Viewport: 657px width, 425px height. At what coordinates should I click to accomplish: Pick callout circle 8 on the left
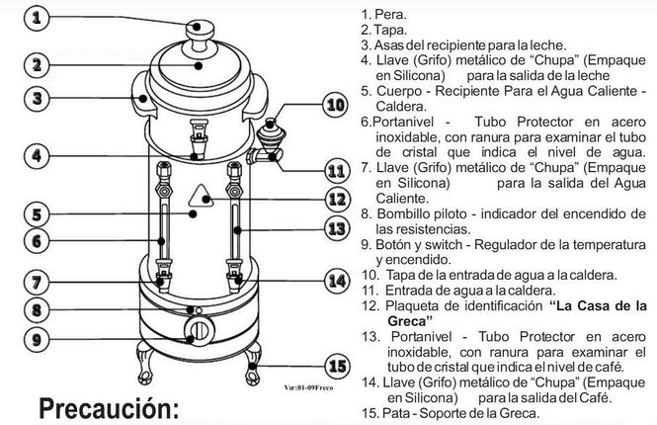point(34,310)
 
